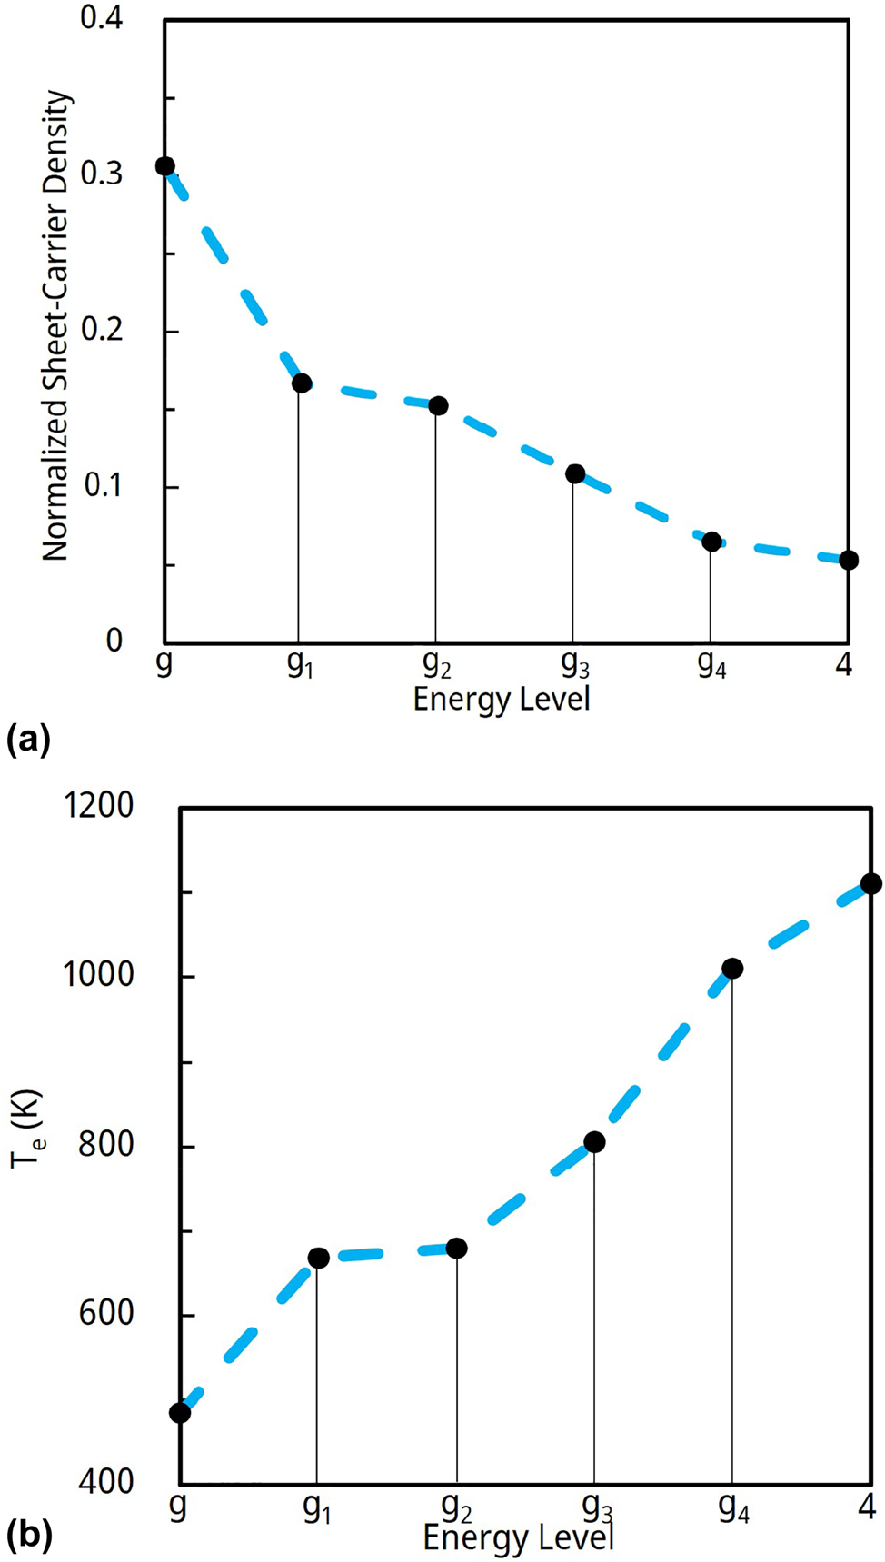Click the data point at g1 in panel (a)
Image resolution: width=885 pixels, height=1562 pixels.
[301, 383]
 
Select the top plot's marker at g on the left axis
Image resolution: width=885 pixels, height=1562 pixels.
[164, 166]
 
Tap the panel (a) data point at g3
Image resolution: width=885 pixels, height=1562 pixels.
[574, 473]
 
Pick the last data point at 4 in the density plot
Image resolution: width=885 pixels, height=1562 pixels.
[848, 560]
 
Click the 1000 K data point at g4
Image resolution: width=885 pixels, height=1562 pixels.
[732, 969]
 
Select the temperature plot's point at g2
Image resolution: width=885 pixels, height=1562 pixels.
[456, 1249]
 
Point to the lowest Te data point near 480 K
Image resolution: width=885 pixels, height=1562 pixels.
[180, 1413]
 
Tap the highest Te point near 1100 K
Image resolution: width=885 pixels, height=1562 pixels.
[870, 884]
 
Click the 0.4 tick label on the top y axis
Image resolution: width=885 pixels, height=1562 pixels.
[101, 18]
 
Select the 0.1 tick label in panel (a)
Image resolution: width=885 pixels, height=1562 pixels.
[103, 486]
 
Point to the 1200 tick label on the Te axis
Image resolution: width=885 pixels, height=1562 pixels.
[98, 806]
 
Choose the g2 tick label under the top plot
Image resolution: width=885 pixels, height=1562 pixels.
[437, 666]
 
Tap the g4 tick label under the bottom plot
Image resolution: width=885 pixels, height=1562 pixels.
[733, 1509]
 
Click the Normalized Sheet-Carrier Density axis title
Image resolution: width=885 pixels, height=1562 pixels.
[56, 325]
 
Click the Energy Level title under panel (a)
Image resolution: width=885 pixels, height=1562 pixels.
[502, 700]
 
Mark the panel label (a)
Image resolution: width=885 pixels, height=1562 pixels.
[28, 741]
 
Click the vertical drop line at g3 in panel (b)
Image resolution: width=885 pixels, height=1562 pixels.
[594, 1318]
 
